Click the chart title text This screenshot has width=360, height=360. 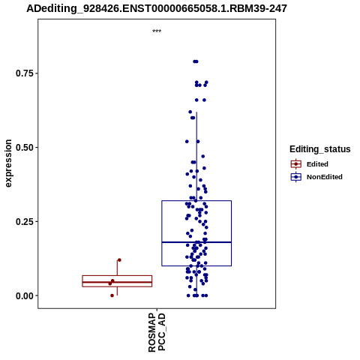coord(157,9)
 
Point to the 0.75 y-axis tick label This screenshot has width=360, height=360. coord(24,73)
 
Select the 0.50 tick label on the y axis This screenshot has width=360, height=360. coord(24,148)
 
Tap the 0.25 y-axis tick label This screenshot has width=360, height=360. coord(24,222)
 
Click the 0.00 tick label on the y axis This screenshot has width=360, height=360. coord(24,296)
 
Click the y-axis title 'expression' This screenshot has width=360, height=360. coord(8,163)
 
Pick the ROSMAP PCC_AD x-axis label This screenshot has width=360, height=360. coord(157,332)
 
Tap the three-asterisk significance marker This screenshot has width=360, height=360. coord(157,31)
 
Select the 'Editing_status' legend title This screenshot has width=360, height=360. coord(320,149)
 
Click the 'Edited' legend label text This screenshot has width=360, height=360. coord(317,164)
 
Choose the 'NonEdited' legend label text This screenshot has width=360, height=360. coord(325,177)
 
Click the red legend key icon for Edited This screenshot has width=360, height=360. coord(296,164)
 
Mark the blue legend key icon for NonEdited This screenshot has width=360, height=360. coord(296,177)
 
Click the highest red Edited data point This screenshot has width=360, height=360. coord(119,260)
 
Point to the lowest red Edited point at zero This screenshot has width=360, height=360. coord(112,295)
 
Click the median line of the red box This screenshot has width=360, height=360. coord(117,282)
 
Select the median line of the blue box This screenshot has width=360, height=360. coord(196,242)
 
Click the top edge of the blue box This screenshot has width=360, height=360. coord(196,200)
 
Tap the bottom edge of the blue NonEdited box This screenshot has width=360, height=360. coord(196,265)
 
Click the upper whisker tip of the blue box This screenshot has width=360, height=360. coord(196,112)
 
